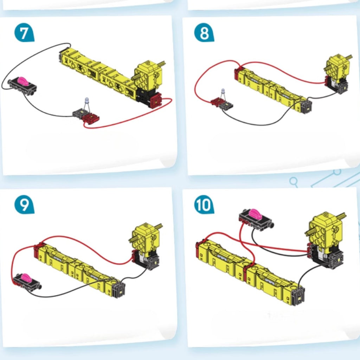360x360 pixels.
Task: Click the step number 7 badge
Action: pyautogui.click(x=24, y=33)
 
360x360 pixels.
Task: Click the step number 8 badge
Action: pyautogui.click(x=204, y=33)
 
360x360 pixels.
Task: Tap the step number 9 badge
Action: pyautogui.click(x=24, y=205)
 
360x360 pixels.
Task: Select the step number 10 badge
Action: pyautogui.click(x=204, y=205)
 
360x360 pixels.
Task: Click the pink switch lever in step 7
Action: pyautogui.click(x=22, y=81)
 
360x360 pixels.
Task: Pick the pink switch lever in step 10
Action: pyautogui.click(x=255, y=213)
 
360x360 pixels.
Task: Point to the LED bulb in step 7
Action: pyautogui.click(x=87, y=101)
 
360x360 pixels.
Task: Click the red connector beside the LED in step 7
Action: pyautogui.click(x=91, y=118)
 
